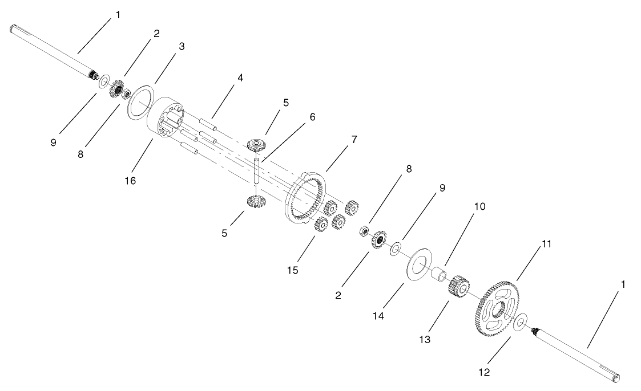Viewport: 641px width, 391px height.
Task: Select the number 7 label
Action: [x=354, y=140]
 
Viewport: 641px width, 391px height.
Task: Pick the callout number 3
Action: [x=181, y=47]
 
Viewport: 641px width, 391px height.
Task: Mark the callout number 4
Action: [x=240, y=78]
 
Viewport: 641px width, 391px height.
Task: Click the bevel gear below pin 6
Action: [x=255, y=201]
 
